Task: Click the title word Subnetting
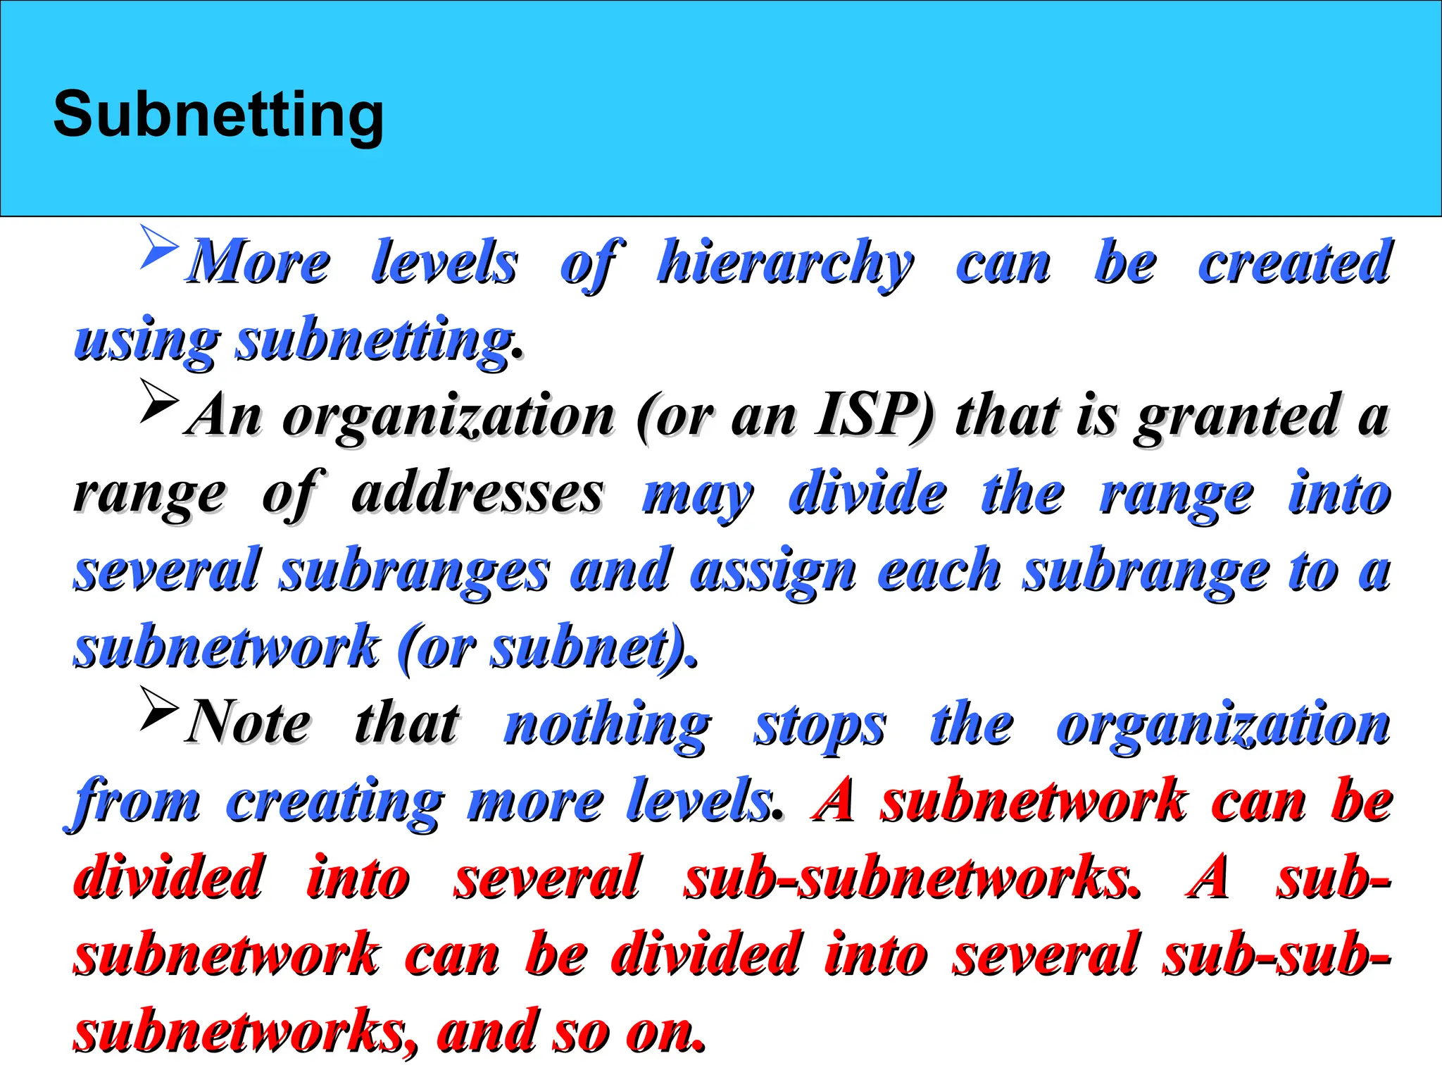click(218, 114)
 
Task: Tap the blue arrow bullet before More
click(159, 247)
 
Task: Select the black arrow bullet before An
click(158, 400)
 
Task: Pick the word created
click(1294, 262)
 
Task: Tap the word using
click(146, 342)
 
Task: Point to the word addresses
click(477, 492)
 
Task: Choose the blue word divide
click(867, 492)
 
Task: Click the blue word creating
click(335, 802)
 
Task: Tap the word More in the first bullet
click(259, 263)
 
